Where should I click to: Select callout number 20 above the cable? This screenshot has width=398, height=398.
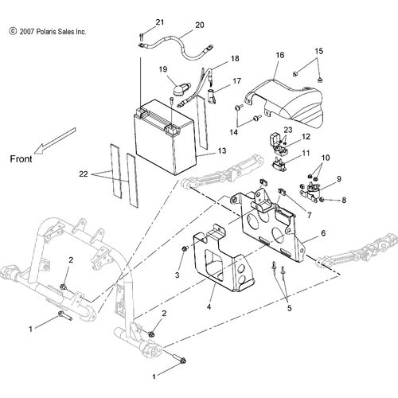(x=199, y=25)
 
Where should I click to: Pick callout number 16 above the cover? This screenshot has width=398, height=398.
(x=279, y=55)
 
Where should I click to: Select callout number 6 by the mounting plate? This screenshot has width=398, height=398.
(x=323, y=234)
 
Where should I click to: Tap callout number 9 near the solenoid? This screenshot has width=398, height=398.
(x=338, y=179)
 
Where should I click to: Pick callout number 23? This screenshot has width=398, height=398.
(x=290, y=130)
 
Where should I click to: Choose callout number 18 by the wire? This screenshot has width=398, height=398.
(x=234, y=59)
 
